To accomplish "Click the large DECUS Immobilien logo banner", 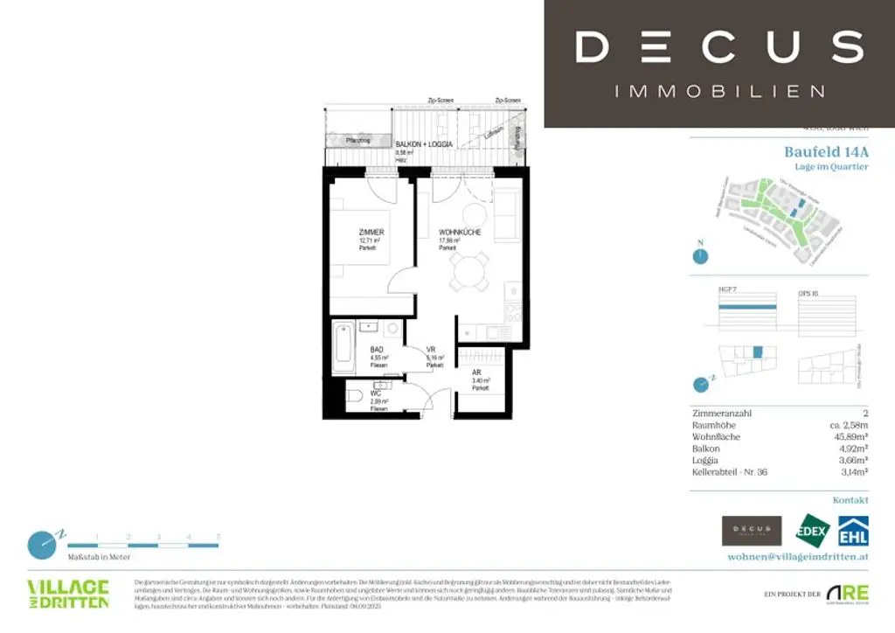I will click(719, 63).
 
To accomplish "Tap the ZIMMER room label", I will click(371, 232).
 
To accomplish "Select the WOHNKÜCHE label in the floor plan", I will click(459, 233).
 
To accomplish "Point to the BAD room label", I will click(376, 349).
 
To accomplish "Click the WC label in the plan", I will click(375, 393).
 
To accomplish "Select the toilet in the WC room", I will click(355, 397).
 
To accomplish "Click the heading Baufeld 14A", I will click(826, 151).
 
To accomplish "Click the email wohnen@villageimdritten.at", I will click(798, 556).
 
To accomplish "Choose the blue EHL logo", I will click(852, 532).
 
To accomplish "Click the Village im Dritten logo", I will click(68, 593).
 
